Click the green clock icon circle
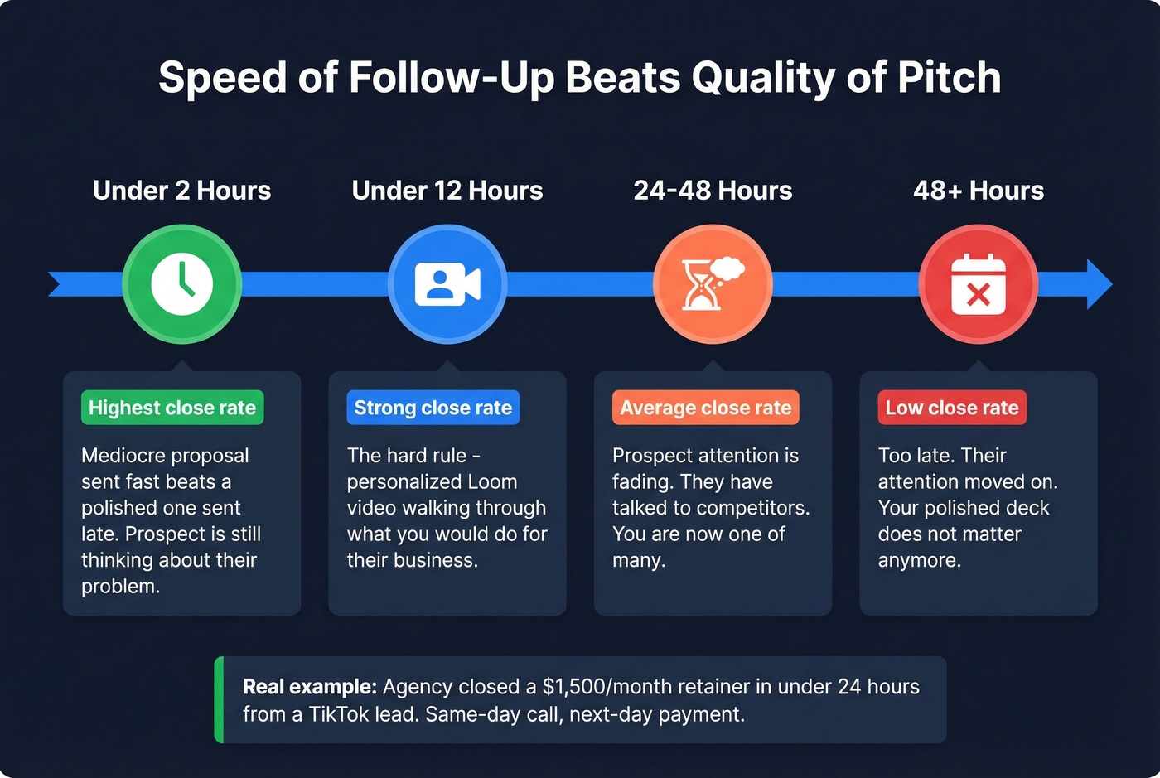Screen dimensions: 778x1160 [x=181, y=284]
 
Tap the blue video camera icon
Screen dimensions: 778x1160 [x=447, y=284]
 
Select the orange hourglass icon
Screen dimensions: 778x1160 [x=713, y=284]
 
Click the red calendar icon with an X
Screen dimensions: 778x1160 [x=979, y=284]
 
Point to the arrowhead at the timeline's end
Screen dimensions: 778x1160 [x=1100, y=284]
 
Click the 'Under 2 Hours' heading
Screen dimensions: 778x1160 [x=181, y=191]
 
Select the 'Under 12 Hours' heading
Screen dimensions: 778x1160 [x=447, y=191]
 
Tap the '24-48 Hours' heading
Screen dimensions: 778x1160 [x=713, y=191]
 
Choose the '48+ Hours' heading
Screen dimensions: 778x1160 [x=979, y=191]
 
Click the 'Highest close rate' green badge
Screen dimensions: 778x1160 [x=172, y=408]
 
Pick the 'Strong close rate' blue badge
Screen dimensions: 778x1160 [x=433, y=408]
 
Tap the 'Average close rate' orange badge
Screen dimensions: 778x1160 [x=706, y=408]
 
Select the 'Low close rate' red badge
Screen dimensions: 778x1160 [x=952, y=408]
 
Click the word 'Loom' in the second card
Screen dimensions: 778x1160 [x=492, y=482]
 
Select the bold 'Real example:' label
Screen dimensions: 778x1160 [x=310, y=687]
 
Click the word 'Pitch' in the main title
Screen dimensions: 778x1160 [x=950, y=78]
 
